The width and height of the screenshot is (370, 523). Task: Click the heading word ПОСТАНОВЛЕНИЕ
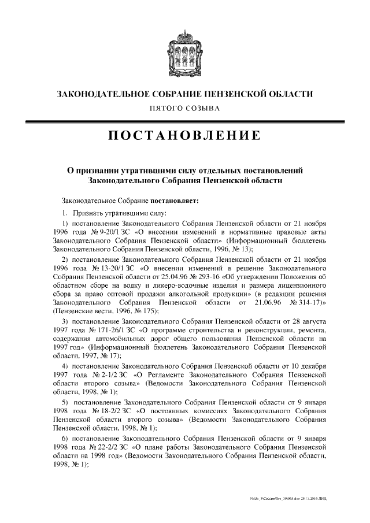[184, 136]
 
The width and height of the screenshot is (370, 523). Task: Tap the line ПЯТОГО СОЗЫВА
[184, 108]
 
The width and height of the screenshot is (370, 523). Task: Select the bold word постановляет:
[175, 201]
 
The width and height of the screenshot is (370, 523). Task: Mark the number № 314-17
[310, 303]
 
